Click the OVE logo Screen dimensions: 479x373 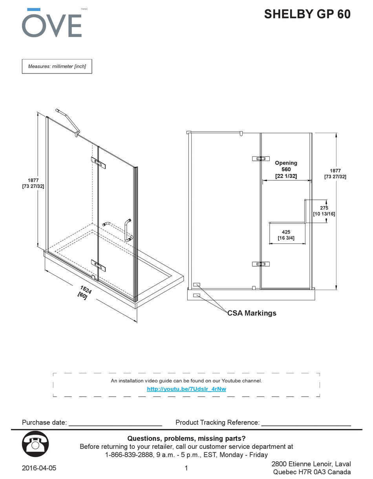(x=51, y=23)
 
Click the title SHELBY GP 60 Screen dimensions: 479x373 (x=307, y=14)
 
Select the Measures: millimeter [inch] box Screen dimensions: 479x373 (x=57, y=66)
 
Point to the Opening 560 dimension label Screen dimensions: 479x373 (x=286, y=169)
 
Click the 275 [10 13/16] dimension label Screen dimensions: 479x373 (x=324, y=211)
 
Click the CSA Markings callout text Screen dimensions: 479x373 (x=252, y=313)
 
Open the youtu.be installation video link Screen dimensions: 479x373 (x=186, y=389)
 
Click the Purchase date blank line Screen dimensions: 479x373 (x=115, y=423)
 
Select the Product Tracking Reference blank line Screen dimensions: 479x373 (x=306, y=423)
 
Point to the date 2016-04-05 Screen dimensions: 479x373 (x=39, y=468)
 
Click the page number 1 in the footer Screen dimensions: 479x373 (x=186, y=468)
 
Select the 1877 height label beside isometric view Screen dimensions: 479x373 (x=33, y=183)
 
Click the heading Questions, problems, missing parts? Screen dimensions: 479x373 (x=186, y=438)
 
